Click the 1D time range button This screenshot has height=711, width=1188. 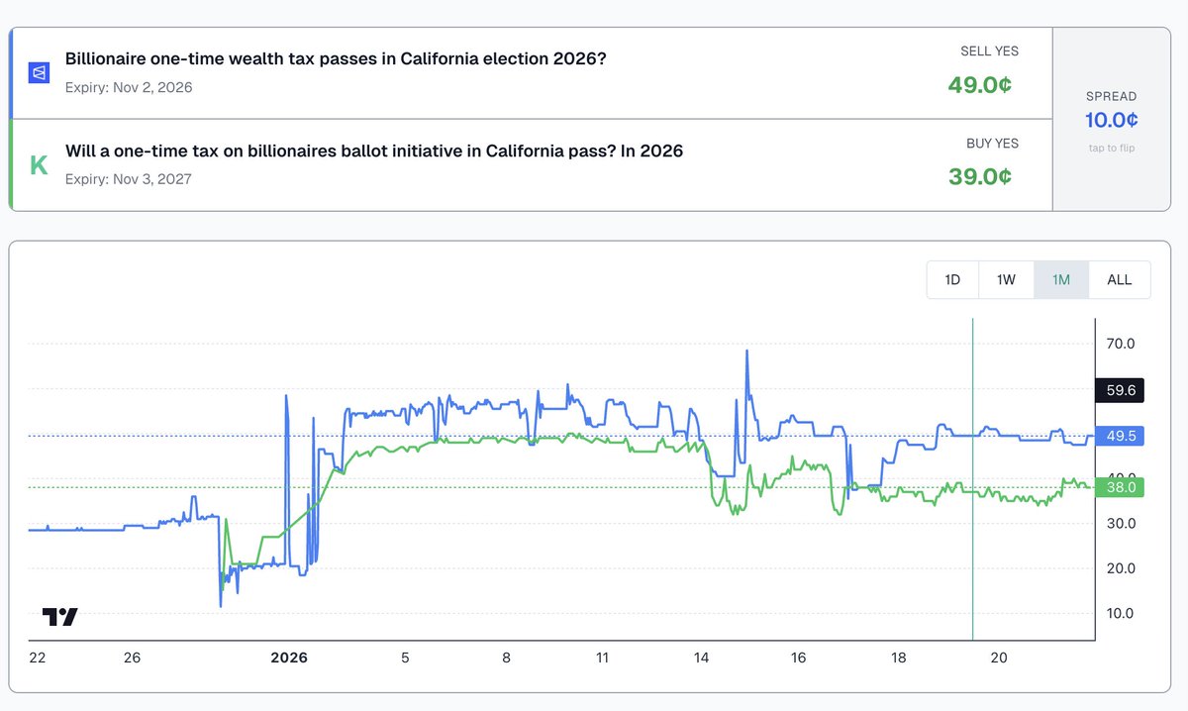[952, 279]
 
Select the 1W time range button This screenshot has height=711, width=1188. [1006, 279]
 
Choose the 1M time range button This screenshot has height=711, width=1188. [1061, 279]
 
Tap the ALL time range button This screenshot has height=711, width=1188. [1120, 279]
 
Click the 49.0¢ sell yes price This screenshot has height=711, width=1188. [979, 85]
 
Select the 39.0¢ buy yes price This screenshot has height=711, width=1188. [979, 176]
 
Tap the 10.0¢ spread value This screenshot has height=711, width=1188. [1111, 120]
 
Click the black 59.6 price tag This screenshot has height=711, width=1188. [1121, 390]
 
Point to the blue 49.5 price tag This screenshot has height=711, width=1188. [1121, 436]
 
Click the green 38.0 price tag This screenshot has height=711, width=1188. [1121, 486]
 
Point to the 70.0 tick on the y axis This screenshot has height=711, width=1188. [1120, 345]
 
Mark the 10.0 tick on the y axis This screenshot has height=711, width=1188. [1120, 614]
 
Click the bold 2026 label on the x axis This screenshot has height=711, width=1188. [289, 658]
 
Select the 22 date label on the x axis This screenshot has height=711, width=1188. [38, 658]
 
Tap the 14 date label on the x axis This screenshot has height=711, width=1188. [702, 658]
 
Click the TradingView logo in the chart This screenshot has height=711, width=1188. [59, 616]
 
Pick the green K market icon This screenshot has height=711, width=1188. [39, 164]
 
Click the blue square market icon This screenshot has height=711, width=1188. [39, 73]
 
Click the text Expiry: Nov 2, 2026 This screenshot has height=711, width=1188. [129, 87]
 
